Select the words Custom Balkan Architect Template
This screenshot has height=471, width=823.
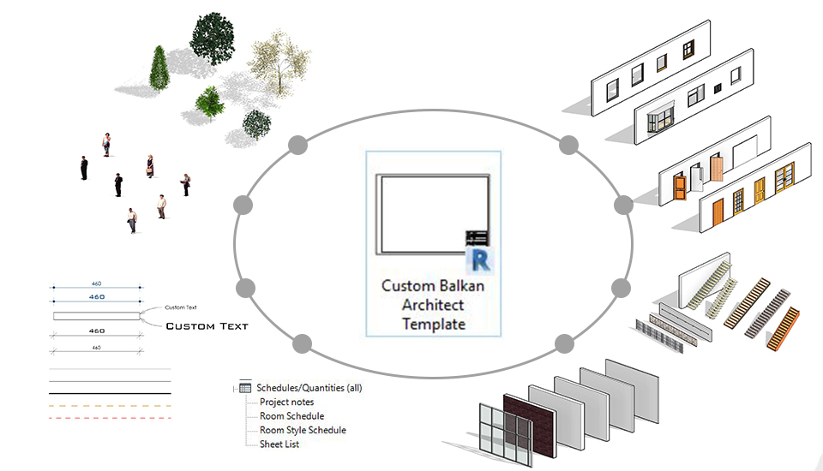tap(434, 305)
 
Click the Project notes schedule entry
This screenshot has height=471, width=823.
tap(286, 402)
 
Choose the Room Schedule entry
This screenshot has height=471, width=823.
tap(291, 416)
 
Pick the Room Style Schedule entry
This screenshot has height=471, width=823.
tap(303, 430)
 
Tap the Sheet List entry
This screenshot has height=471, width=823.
tap(279, 444)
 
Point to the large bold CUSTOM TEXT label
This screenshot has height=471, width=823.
tap(207, 326)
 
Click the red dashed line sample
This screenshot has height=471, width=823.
tap(110, 418)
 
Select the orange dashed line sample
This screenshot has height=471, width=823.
tap(110, 406)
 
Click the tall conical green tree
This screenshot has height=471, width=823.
tap(159, 68)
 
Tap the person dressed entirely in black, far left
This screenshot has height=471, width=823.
tap(84, 168)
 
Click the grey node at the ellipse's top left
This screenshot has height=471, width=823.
tap(297, 144)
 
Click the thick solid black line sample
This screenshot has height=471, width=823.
tap(110, 394)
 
